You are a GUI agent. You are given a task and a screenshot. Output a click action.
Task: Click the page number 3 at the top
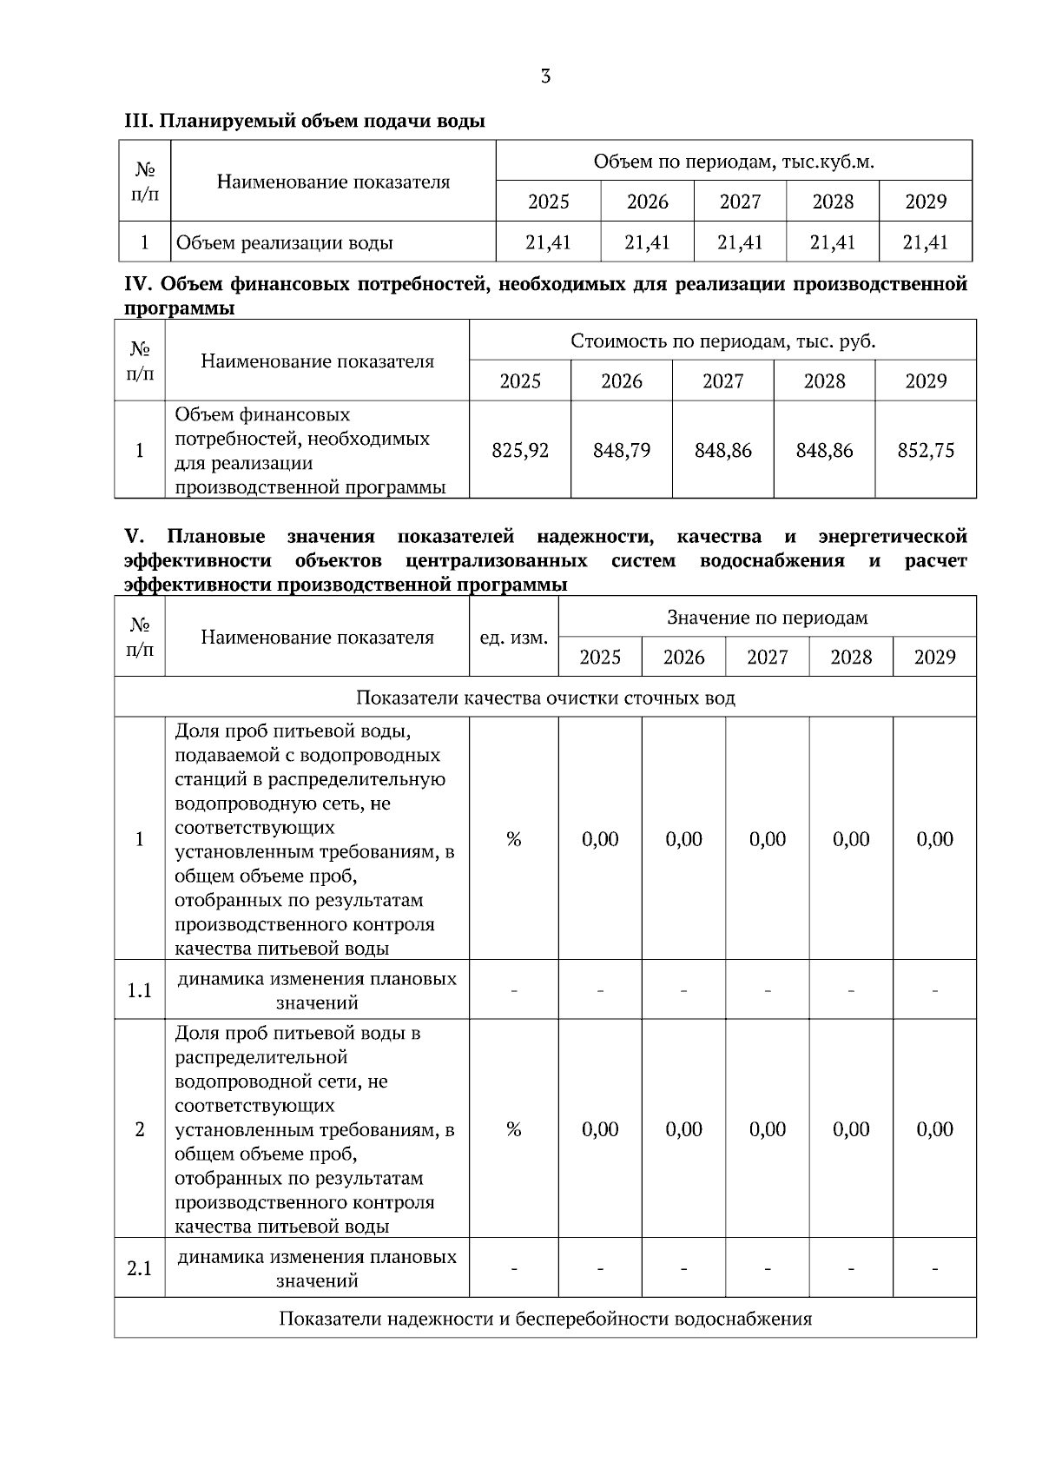tap(545, 77)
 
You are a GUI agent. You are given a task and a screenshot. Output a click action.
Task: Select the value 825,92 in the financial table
tap(520, 450)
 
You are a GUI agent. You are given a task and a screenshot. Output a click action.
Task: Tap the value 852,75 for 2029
tap(926, 450)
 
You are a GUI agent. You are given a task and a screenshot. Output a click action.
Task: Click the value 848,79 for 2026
tap(622, 450)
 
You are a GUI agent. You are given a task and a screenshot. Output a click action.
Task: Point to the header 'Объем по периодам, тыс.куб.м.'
tap(734, 162)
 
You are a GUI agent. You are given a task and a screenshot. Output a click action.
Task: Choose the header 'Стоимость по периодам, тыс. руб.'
tap(722, 341)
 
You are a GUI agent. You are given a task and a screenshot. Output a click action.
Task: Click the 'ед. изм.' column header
tap(514, 638)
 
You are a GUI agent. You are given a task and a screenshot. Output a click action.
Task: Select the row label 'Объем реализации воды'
tap(285, 242)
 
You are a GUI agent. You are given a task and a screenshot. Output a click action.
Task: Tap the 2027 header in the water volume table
tap(740, 202)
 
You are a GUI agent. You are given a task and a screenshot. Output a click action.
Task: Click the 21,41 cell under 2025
tap(549, 242)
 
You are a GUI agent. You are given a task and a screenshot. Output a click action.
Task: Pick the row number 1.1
tap(140, 990)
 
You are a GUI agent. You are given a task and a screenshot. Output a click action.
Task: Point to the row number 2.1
tap(140, 1268)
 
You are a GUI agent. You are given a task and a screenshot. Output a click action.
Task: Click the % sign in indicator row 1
tap(514, 839)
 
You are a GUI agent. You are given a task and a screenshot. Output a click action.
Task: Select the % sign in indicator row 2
tap(514, 1129)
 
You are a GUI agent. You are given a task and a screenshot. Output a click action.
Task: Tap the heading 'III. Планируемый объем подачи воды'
tap(305, 122)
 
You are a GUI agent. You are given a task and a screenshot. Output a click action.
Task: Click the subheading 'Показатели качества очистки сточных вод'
tap(545, 698)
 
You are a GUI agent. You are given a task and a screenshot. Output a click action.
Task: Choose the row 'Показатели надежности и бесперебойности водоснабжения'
tap(545, 1319)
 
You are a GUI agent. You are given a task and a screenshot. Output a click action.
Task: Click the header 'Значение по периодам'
tap(768, 618)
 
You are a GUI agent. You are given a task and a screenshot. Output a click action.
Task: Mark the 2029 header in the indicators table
tap(934, 657)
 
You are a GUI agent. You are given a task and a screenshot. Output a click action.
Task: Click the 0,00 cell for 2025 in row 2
tap(600, 1129)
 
